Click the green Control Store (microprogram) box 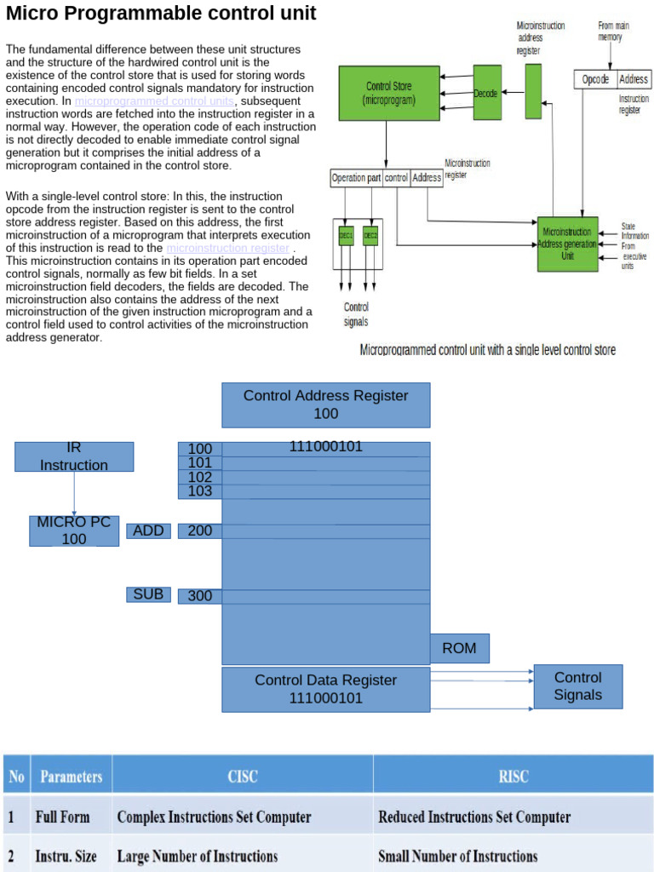[389, 93]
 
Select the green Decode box [487, 93]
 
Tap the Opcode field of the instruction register [595, 79]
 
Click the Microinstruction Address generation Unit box [567, 244]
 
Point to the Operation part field [356, 178]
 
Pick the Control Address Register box [325, 404]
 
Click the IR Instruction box [74, 456]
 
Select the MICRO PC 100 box [74, 531]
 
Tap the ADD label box [148, 531]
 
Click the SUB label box [148, 594]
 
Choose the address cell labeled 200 [200, 531]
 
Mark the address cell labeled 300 [200, 596]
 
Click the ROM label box [460, 649]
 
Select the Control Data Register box [325, 689]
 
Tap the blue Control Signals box [577, 686]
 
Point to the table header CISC [243, 776]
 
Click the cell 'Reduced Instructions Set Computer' [474, 817]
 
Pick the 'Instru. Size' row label [66, 856]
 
